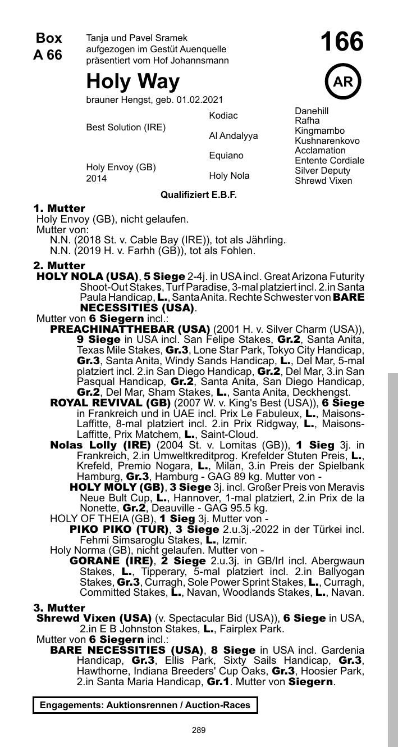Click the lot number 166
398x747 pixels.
pyautogui.click(x=342, y=43)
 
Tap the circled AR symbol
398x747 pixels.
pyautogui.click(x=342, y=82)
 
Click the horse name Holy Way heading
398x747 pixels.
pyautogui.click(x=133, y=82)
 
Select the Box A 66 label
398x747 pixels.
pyautogui.click(x=48, y=47)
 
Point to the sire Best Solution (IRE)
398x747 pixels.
pyautogui.click(x=126, y=128)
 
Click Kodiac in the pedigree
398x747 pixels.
pyautogui.click(x=223, y=115)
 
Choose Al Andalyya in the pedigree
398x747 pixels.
pyautogui.click(x=234, y=136)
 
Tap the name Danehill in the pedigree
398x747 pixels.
pyautogui.click(x=312, y=111)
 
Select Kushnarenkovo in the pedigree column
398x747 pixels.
pyautogui.click(x=327, y=141)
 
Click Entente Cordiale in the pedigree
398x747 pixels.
pyautogui.click(x=329, y=161)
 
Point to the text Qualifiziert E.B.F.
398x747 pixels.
pyautogui.click(x=199, y=195)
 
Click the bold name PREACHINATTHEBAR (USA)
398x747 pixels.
pyautogui.click(x=130, y=329)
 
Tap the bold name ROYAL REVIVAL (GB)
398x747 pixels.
pyautogui.click(x=111, y=403)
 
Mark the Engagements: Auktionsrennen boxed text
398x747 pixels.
pyautogui.click(x=145, y=705)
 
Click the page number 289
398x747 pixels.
pyautogui.click(x=199, y=730)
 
